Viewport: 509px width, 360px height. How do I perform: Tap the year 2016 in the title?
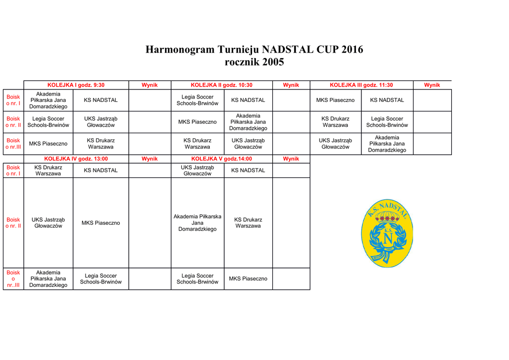[x=350, y=50]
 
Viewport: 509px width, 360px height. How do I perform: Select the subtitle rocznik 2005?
[x=254, y=62]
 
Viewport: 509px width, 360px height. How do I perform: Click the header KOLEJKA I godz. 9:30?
[x=76, y=85]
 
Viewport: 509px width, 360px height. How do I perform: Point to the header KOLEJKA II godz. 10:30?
[x=222, y=85]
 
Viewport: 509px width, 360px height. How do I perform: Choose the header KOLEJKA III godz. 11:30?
[x=361, y=85]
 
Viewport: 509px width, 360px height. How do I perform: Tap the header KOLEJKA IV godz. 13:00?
[x=76, y=159]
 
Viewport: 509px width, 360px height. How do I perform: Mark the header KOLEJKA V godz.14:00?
[x=222, y=159]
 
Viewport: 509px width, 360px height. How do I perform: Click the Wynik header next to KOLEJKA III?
[x=432, y=85]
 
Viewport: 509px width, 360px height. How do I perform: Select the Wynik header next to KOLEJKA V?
[x=291, y=159]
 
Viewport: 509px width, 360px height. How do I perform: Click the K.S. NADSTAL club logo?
[x=387, y=234]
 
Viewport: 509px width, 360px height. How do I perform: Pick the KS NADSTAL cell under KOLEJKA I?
[x=101, y=100]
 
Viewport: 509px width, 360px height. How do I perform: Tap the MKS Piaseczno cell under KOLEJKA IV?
[x=101, y=223]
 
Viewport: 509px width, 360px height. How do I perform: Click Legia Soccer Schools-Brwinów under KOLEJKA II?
[x=197, y=100]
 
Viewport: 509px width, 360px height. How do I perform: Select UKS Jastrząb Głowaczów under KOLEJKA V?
[x=197, y=171]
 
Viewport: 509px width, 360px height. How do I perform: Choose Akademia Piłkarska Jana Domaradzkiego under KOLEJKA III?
[x=387, y=144]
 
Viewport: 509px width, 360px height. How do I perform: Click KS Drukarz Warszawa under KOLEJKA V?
[x=248, y=223]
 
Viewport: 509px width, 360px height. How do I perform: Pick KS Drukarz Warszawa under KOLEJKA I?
[x=101, y=144]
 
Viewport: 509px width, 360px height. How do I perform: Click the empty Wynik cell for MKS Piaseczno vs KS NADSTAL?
[x=432, y=100]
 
